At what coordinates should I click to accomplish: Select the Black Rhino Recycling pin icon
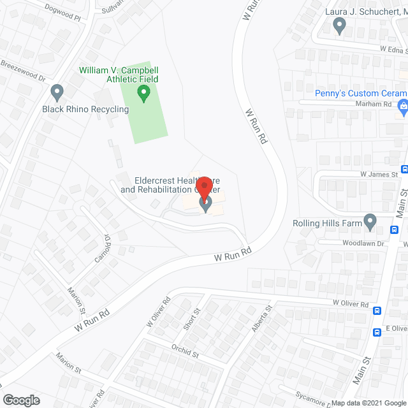57,93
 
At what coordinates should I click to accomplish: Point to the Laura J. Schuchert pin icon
339,25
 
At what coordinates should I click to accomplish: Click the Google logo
20,400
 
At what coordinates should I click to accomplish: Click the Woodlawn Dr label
364,243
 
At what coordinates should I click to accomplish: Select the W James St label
379,173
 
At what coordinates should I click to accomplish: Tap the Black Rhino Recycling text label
85,109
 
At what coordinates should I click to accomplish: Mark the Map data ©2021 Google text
367,403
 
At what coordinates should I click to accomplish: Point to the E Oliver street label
396,328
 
